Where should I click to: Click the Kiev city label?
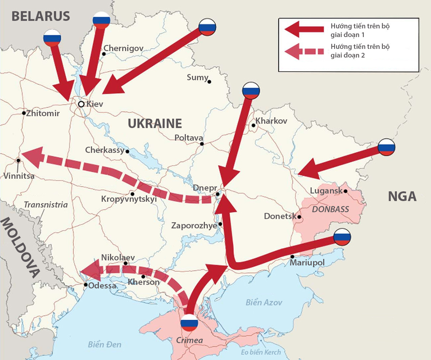coord(95,104)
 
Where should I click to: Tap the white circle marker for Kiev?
coord(81,104)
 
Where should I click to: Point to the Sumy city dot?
coord(210,82)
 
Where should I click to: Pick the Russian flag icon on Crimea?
coord(189,323)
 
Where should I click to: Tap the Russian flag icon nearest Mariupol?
coord(342,237)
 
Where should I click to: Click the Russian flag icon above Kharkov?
coord(251,90)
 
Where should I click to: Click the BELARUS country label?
coord(41,16)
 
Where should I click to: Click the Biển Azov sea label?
coord(264,302)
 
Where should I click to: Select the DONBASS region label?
coord(330,209)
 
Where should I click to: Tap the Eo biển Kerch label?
coord(261,352)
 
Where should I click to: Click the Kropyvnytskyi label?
coord(129,199)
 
